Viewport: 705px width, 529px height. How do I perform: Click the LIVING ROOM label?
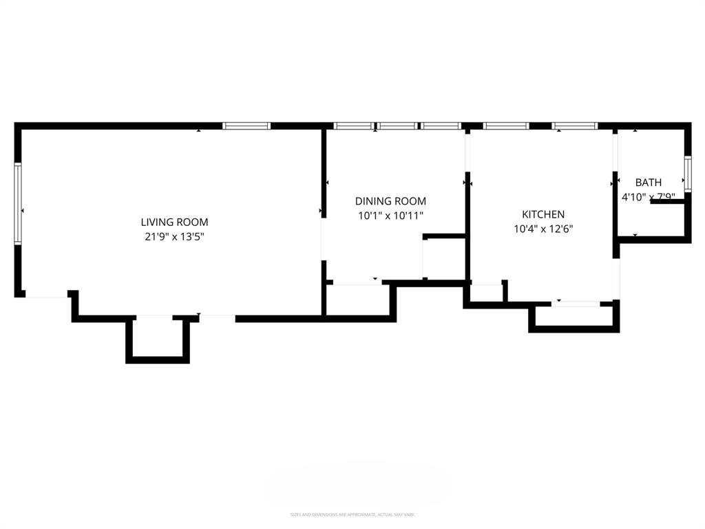point(174,222)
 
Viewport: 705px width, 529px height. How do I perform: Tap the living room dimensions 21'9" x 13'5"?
point(174,236)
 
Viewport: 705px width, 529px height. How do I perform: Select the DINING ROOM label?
point(390,201)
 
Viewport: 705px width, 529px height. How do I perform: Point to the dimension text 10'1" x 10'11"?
point(390,216)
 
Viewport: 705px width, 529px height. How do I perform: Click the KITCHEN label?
point(543,215)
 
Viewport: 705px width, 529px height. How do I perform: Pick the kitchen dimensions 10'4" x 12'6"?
point(543,229)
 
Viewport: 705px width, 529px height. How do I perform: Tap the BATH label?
point(649,183)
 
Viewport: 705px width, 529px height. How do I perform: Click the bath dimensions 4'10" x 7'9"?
point(649,197)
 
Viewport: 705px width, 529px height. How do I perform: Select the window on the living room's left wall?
point(19,203)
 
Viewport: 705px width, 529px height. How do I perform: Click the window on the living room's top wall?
point(246,126)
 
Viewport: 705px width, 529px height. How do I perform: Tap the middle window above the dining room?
point(397,126)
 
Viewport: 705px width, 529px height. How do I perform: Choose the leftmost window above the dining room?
point(354,126)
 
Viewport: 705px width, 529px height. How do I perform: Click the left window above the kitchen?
point(506,126)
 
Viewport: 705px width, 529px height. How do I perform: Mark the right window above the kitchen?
point(575,126)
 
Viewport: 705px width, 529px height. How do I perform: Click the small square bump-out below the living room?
point(157,338)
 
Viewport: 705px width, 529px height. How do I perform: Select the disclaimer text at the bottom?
point(352,515)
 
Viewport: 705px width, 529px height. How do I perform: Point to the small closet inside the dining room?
point(445,258)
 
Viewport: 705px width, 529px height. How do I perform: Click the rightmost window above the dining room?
point(441,126)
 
